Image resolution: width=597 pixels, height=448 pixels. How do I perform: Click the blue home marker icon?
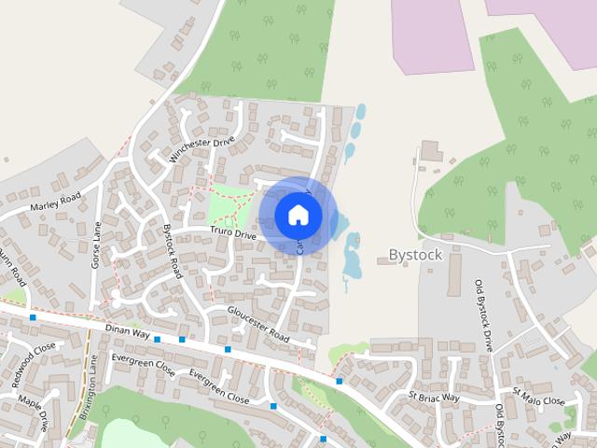(298, 215)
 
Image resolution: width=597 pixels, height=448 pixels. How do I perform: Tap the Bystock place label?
(415, 255)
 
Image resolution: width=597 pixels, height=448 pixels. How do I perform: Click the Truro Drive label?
(232, 234)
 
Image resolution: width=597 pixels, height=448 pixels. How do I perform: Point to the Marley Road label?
(56, 200)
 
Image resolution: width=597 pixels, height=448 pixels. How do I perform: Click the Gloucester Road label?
(258, 323)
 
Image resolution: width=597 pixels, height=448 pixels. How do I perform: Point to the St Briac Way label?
(435, 398)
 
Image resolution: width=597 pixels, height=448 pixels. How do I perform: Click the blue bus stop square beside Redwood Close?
(33, 317)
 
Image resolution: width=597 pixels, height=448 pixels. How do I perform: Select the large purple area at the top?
(434, 37)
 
